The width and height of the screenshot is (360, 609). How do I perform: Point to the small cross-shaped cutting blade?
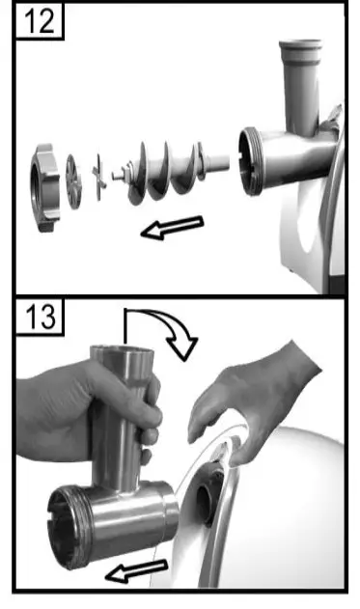tap(97, 178)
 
